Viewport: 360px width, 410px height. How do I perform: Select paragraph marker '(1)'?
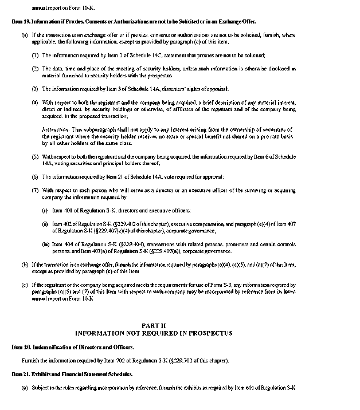click(36, 55)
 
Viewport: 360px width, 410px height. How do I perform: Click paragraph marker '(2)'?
click(36, 68)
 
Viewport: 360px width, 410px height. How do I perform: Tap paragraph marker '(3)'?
click(36, 89)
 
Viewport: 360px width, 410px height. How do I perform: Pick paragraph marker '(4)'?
click(36, 102)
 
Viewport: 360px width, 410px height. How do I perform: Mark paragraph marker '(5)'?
click(36, 156)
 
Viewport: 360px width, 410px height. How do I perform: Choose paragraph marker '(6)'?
click(36, 177)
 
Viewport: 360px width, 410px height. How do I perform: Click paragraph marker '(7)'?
click(36, 190)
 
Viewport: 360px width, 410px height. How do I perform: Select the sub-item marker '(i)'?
click(45, 211)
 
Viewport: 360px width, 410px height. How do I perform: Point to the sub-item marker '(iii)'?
click(46, 245)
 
